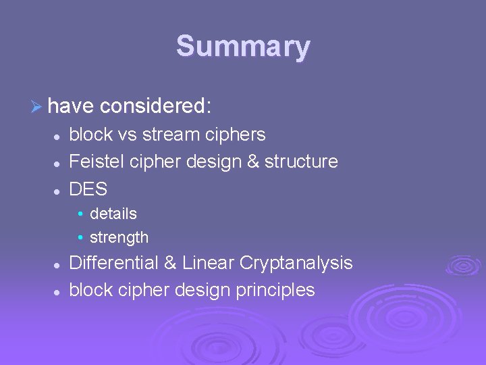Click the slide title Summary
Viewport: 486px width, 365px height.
(243, 47)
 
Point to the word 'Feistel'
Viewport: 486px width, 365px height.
(95, 162)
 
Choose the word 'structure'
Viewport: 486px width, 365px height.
(301, 162)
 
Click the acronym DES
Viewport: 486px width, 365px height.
(88, 189)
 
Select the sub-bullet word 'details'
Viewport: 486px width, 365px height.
(113, 214)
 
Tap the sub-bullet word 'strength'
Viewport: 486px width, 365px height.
(119, 237)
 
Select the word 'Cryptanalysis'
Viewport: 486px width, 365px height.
(301, 263)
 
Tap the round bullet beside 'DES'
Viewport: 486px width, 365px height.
(59, 190)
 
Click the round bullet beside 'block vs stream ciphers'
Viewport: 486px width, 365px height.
(59, 136)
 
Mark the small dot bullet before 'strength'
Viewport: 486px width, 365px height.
(80, 238)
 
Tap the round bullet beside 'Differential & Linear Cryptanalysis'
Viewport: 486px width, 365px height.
(59, 264)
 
